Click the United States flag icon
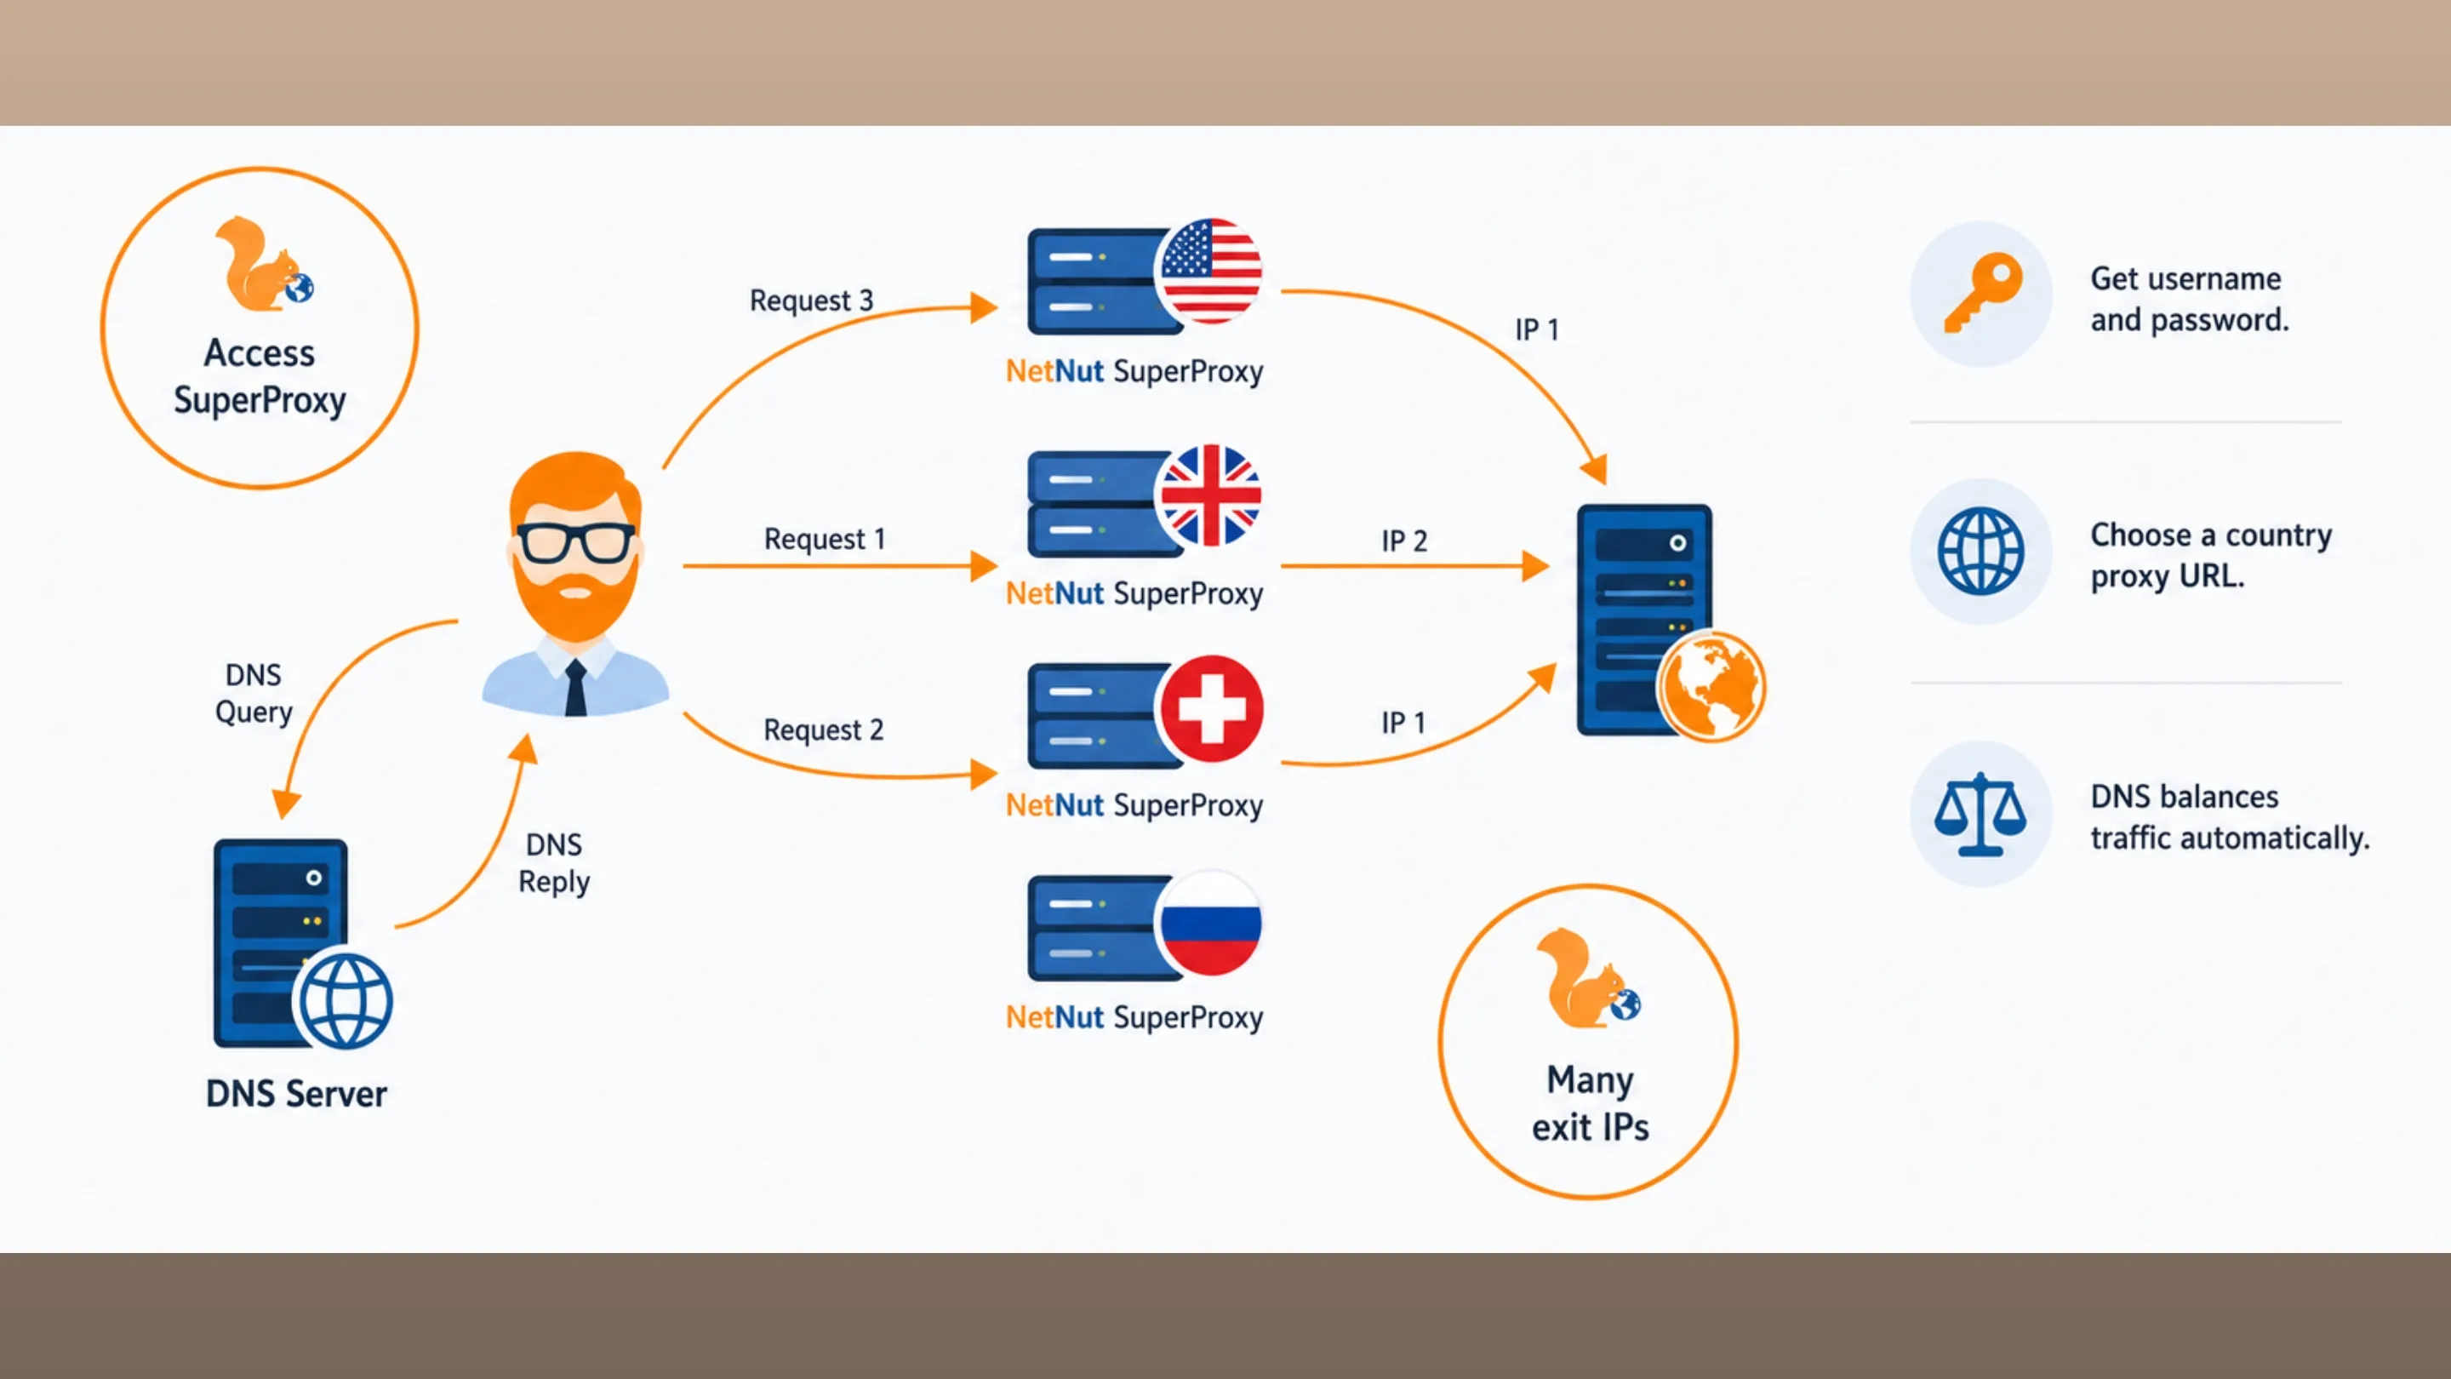tap(1210, 271)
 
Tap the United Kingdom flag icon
tap(1210, 495)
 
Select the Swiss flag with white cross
tap(1210, 709)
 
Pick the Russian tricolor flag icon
tap(1210, 923)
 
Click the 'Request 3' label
tap(811, 300)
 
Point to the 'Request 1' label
tap(824, 540)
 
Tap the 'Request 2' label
tap(823, 730)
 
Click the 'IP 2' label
tap(1403, 541)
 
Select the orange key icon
tap(1983, 292)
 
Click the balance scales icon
tap(1980, 814)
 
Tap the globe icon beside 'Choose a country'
tap(1981, 551)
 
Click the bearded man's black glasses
tap(575, 543)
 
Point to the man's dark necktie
tap(575, 687)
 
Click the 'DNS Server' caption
tap(296, 1095)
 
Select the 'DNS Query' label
tap(253, 694)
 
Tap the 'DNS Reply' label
tap(554, 863)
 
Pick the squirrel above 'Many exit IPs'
tap(1588, 979)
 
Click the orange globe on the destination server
tap(1711, 686)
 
